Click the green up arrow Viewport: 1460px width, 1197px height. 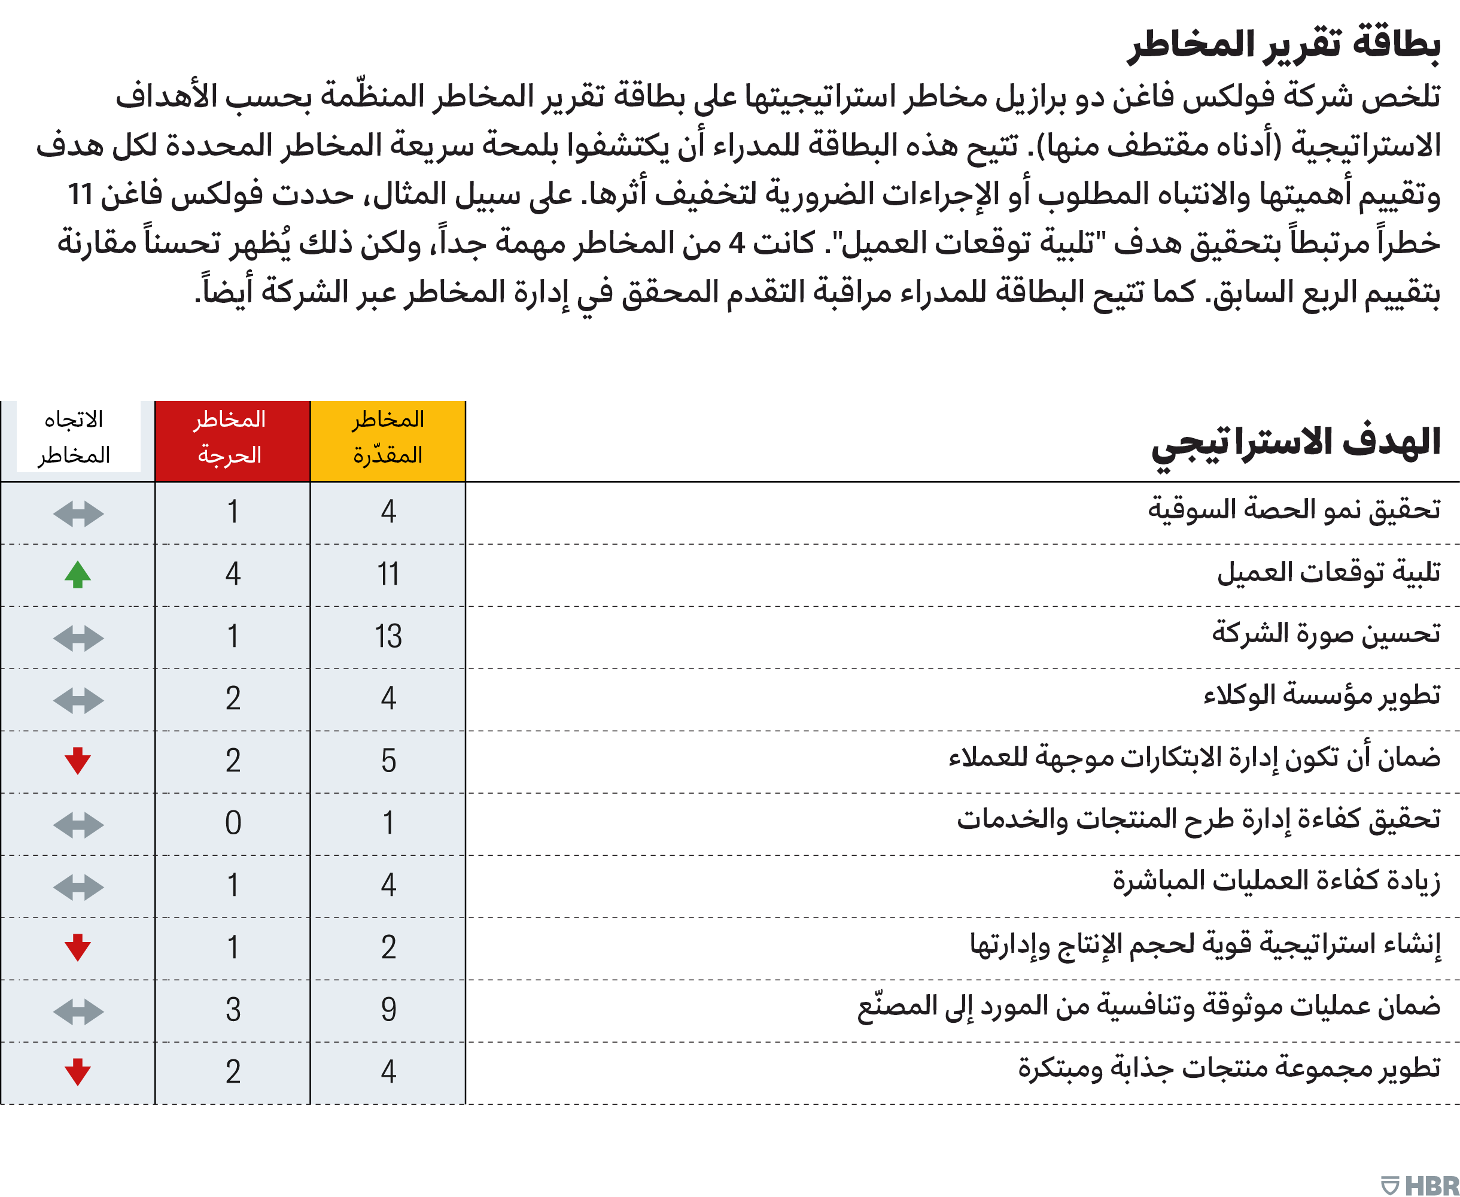[x=78, y=575]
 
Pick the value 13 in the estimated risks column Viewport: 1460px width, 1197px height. [x=388, y=636]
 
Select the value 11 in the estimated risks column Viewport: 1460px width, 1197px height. [x=388, y=575]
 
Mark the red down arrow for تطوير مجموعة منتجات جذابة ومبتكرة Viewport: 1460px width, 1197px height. [x=78, y=1071]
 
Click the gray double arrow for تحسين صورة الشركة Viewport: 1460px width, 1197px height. [x=78, y=638]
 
